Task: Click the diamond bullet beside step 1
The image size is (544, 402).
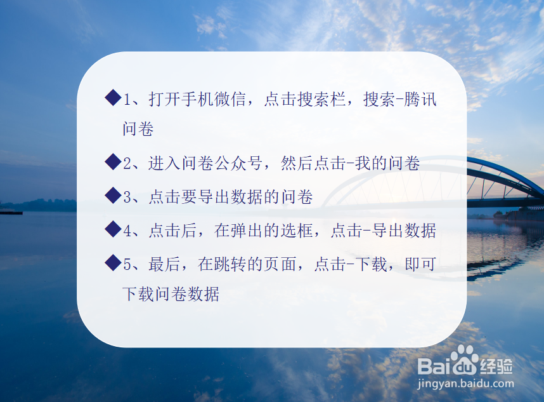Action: click(x=113, y=97)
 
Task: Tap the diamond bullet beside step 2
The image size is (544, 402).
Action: click(x=113, y=162)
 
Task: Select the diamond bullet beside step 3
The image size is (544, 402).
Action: click(x=113, y=195)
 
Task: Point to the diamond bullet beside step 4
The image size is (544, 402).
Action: click(x=113, y=229)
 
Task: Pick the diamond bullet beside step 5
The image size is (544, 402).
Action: click(x=113, y=263)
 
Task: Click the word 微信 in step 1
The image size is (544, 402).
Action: click(x=231, y=99)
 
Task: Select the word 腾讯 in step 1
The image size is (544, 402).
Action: click(x=420, y=99)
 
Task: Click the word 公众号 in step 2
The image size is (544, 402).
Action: click(x=238, y=163)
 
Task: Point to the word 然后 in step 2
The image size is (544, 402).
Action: click(x=297, y=163)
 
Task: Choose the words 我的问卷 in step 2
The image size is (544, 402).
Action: click(x=387, y=163)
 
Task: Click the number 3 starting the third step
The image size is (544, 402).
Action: click(x=127, y=198)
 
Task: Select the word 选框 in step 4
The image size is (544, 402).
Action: click(x=297, y=231)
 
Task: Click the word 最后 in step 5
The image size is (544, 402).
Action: click(x=164, y=264)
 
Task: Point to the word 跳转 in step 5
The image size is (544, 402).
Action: click(x=231, y=264)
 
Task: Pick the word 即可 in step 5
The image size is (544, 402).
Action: click(x=420, y=264)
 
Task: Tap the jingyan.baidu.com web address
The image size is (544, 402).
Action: click(x=465, y=384)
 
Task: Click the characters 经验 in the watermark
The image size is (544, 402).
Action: click(x=496, y=366)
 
